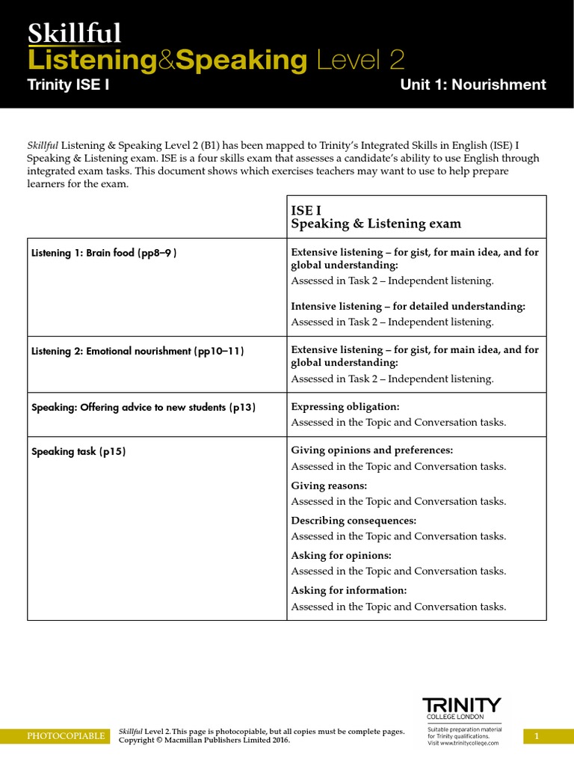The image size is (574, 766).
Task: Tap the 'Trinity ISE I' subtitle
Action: [x=68, y=85]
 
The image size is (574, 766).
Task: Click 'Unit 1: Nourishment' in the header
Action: [x=473, y=85]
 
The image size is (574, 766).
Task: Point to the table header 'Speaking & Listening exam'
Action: [x=375, y=224]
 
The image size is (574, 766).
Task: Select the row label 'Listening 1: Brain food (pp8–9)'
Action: [x=104, y=253]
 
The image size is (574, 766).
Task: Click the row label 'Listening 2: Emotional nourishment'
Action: [x=138, y=351]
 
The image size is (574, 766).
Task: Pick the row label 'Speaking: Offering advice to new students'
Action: [x=143, y=408]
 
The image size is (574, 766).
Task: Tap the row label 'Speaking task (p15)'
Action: [x=78, y=452]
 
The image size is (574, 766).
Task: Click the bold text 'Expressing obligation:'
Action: [x=345, y=407]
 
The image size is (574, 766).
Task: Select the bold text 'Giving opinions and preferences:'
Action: [x=371, y=450]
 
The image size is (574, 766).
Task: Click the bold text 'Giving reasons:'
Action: [x=329, y=485]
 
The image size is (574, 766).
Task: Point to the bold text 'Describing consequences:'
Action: [x=354, y=521]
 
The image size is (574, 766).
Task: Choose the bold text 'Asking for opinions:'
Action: [x=341, y=556]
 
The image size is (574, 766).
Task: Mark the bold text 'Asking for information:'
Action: [x=349, y=590]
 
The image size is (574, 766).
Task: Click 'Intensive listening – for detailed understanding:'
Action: [x=408, y=307]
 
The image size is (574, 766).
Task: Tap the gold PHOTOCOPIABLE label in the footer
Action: [x=66, y=736]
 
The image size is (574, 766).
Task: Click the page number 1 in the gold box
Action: [x=536, y=737]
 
